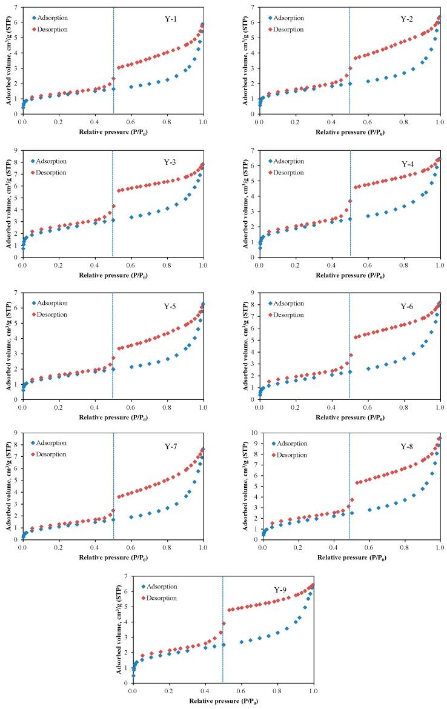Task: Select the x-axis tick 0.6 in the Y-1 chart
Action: tap(131, 122)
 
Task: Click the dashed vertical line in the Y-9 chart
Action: tap(223, 630)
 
